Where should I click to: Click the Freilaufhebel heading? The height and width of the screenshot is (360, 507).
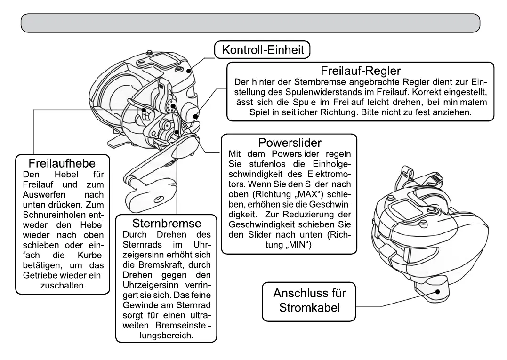(x=63, y=164)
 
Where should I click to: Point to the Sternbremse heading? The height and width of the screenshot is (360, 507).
(x=166, y=222)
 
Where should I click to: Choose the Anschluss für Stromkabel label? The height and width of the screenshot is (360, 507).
(x=309, y=301)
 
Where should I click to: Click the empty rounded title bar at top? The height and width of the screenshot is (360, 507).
(x=250, y=23)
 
